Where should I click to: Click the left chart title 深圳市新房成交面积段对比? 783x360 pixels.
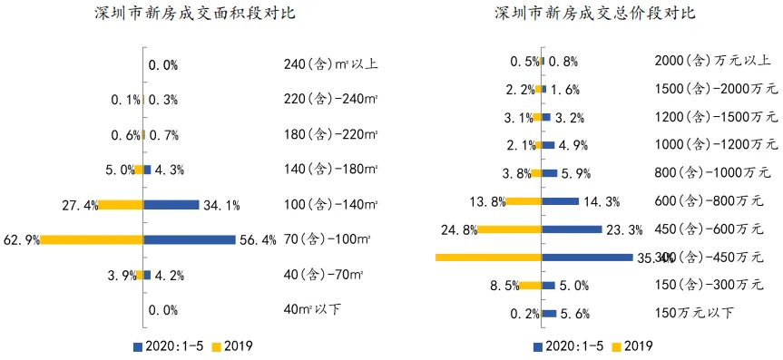(x=194, y=15)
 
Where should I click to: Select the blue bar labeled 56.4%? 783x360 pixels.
(x=188, y=239)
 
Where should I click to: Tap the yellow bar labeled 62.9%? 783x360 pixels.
(x=92, y=239)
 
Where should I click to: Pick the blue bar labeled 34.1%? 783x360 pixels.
(x=171, y=205)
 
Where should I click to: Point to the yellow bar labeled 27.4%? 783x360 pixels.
(x=121, y=205)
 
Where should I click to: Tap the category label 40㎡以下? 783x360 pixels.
(x=312, y=309)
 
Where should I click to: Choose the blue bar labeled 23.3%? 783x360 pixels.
(x=572, y=229)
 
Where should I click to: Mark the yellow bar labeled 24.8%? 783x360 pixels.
(x=510, y=229)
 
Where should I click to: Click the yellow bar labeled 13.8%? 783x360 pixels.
(x=524, y=201)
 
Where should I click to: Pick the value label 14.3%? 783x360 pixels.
(x=602, y=201)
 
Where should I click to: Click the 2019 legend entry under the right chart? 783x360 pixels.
(x=632, y=345)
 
